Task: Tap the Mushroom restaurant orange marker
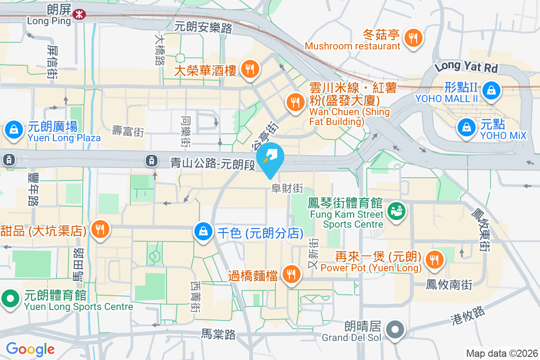(412, 37)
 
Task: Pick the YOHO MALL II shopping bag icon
(490, 90)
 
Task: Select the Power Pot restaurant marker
(434, 259)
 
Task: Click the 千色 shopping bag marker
(203, 231)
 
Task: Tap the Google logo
(31, 349)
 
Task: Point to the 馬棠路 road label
(218, 334)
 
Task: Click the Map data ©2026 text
(501, 353)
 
